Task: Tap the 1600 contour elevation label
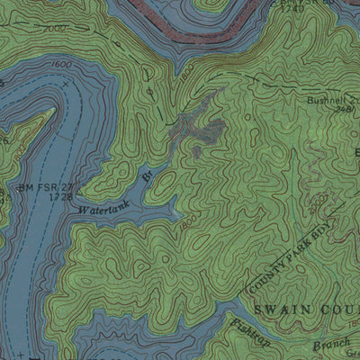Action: (x=62, y=66)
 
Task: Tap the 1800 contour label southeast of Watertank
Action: (x=186, y=220)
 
